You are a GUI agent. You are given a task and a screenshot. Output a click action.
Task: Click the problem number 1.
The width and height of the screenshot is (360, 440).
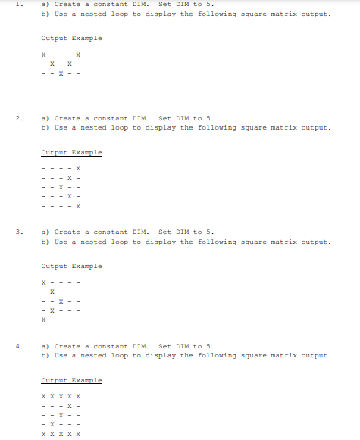point(18,5)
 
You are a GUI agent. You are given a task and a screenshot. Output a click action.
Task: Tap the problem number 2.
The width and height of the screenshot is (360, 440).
point(18,119)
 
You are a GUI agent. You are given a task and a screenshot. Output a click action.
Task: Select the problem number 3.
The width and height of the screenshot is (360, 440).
point(18,232)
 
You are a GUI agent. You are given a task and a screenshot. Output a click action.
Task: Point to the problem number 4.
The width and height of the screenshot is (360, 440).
point(18,346)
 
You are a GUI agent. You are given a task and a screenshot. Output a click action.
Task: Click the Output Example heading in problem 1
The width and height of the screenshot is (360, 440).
point(71,39)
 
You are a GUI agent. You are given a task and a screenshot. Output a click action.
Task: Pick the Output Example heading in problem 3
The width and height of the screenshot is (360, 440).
point(71,267)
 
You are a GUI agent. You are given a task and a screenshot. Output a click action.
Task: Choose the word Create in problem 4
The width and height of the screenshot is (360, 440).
point(67,346)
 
